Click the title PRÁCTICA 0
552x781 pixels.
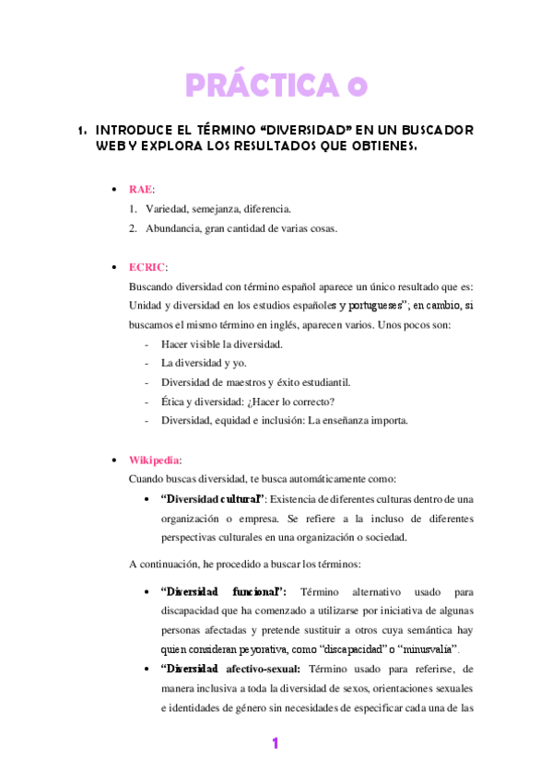click(x=276, y=86)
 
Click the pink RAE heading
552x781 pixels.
click(x=140, y=189)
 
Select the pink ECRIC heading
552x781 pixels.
click(x=147, y=266)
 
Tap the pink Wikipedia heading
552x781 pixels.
click(x=154, y=459)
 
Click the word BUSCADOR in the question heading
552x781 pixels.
click(x=438, y=129)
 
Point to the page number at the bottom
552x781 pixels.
click(x=275, y=743)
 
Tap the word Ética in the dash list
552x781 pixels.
click(x=174, y=402)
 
